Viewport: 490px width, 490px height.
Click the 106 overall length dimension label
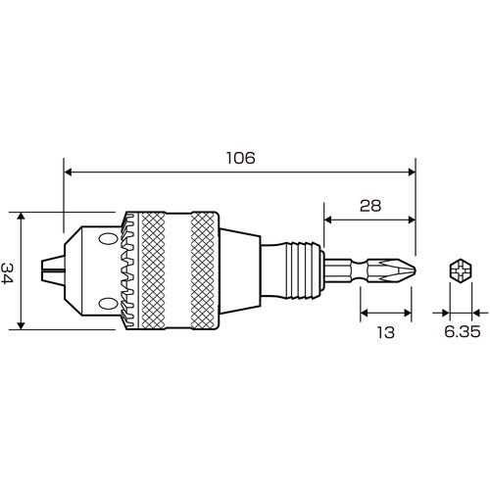(240, 158)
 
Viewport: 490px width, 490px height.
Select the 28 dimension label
(370, 206)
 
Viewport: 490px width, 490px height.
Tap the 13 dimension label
(386, 332)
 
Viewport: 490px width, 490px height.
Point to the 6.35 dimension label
(463, 332)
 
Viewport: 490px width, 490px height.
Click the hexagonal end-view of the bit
(461, 270)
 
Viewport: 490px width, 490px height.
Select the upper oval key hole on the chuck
(108, 238)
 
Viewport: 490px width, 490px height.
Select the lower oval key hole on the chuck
(108, 304)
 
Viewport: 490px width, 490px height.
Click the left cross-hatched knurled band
(153, 270)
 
